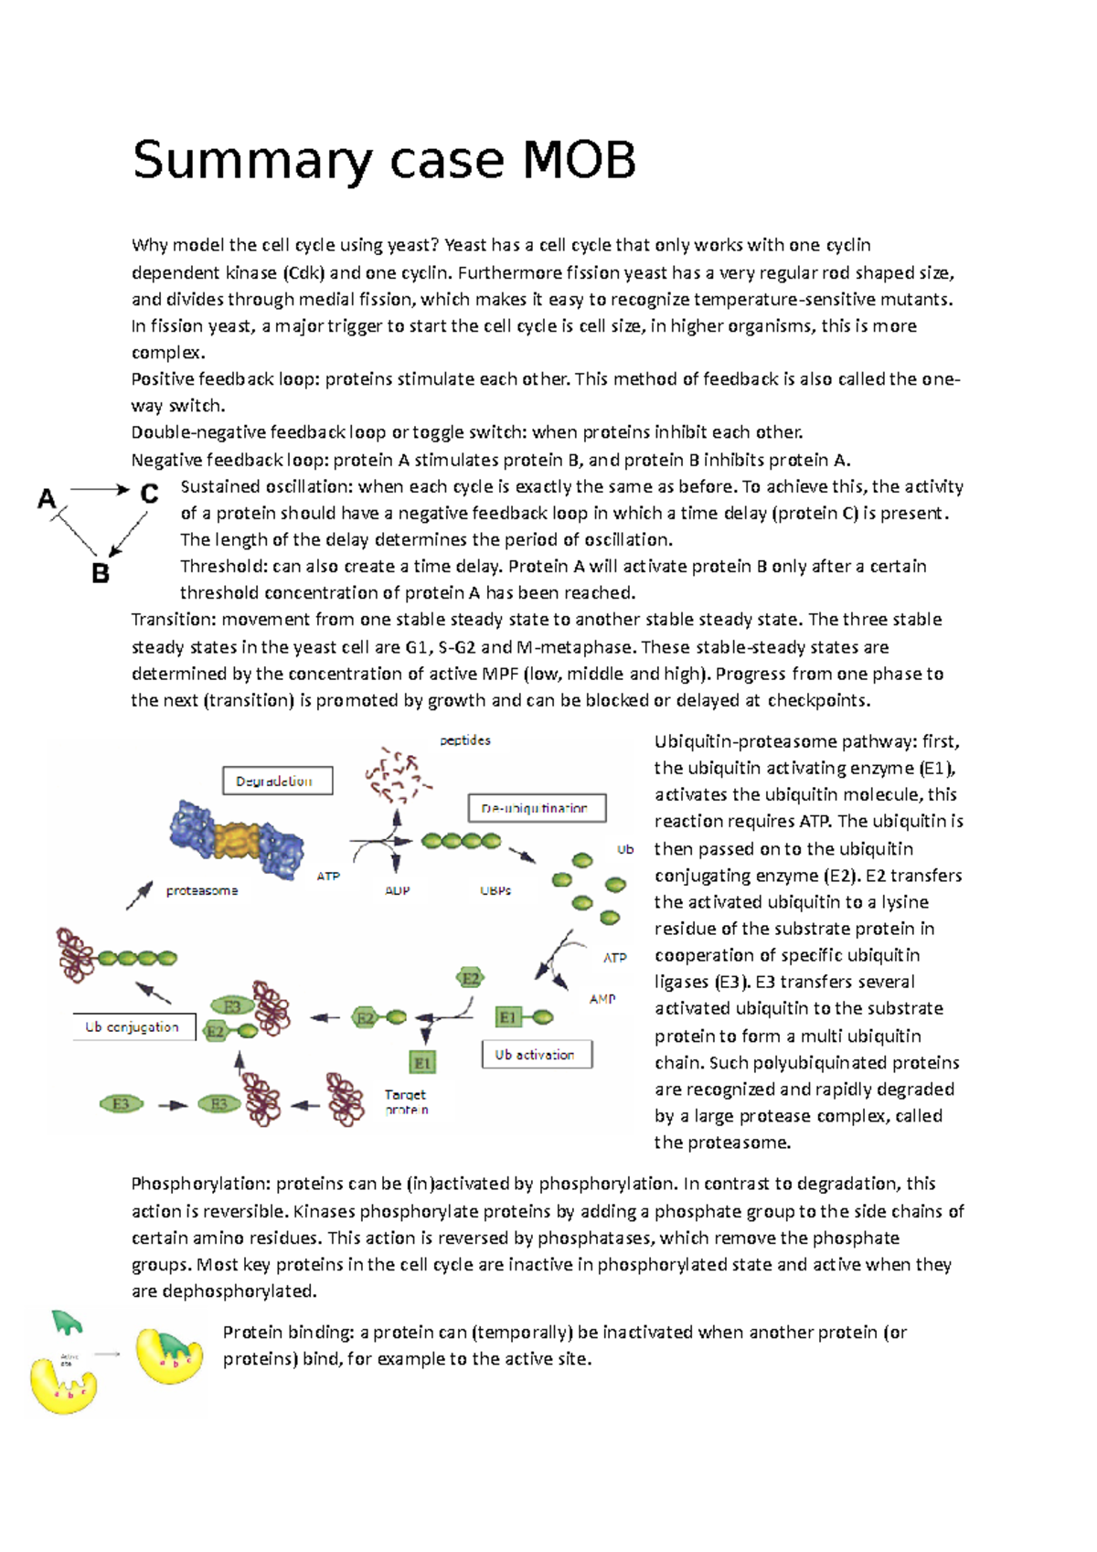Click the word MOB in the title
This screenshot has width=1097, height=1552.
579,160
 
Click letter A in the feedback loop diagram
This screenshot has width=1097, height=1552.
47,499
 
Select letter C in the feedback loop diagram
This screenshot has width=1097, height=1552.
148,494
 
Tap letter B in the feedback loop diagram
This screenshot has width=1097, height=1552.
101,574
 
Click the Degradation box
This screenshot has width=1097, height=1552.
277,781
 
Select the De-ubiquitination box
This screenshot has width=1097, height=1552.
537,808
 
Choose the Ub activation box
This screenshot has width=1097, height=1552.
537,1054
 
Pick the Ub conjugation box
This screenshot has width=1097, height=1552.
133,1026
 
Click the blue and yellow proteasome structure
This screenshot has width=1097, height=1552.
237,836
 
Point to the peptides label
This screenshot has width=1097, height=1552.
465,740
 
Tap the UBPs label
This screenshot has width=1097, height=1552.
495,890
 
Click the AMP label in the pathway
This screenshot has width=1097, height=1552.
602,999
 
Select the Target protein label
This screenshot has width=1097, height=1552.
406,1101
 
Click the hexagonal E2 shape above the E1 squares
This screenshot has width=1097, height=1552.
470,978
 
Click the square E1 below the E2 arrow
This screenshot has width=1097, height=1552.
422,1062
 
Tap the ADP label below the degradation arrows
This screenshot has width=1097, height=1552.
398,890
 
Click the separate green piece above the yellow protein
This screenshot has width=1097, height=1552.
68,1322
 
